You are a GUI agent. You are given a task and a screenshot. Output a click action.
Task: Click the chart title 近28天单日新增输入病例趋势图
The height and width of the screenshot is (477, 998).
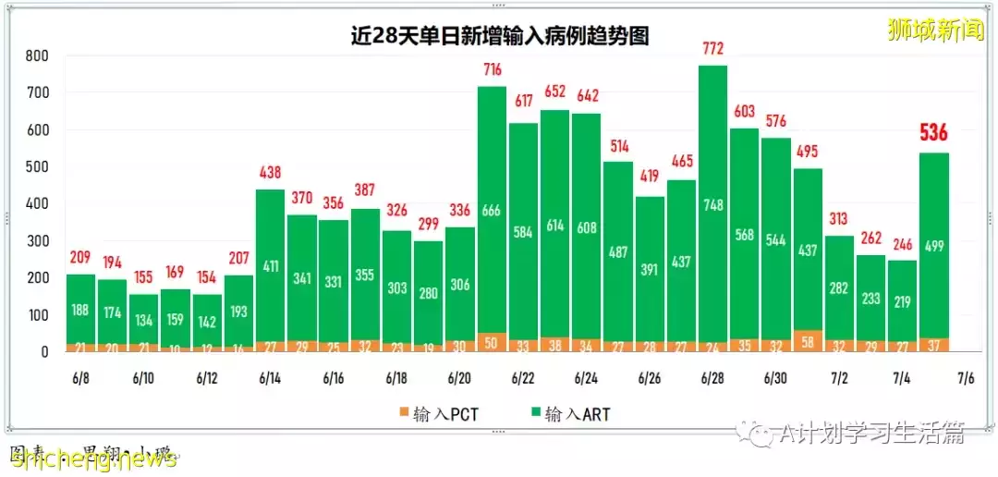499,36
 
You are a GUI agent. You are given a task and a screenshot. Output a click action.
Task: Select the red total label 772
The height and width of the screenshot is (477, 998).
712,50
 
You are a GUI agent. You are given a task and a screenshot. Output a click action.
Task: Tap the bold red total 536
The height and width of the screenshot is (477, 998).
934,133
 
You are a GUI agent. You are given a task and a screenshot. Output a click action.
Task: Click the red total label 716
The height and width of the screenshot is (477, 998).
492,70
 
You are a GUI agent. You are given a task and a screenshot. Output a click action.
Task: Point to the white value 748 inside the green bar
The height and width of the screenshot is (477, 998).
712,205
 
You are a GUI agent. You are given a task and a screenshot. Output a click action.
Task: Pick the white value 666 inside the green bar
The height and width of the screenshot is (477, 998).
492,212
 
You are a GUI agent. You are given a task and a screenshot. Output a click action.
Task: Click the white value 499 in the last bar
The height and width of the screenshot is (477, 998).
934,247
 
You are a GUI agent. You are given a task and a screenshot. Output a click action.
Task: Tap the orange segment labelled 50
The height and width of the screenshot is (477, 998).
492,343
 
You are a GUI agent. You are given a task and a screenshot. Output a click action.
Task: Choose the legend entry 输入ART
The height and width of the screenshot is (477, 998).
569,413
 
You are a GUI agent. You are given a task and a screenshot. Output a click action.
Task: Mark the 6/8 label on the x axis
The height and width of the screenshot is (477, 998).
80,379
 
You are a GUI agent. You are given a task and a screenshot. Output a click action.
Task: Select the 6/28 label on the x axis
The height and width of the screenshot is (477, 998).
712,379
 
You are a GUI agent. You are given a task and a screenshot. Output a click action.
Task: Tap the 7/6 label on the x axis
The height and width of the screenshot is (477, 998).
966,379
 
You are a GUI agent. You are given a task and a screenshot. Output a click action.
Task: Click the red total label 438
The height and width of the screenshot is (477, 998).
270,173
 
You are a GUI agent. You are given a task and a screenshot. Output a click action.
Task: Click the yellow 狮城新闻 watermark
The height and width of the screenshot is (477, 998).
935,30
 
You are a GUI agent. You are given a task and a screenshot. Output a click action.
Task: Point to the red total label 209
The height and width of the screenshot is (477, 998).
80,258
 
